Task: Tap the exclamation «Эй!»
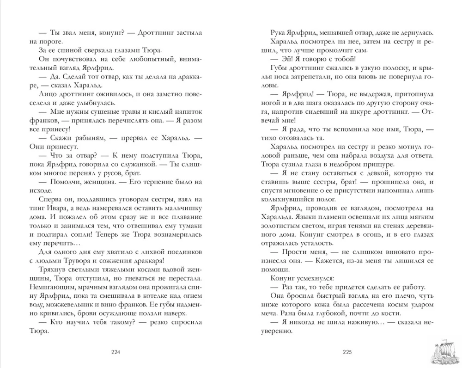287,59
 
